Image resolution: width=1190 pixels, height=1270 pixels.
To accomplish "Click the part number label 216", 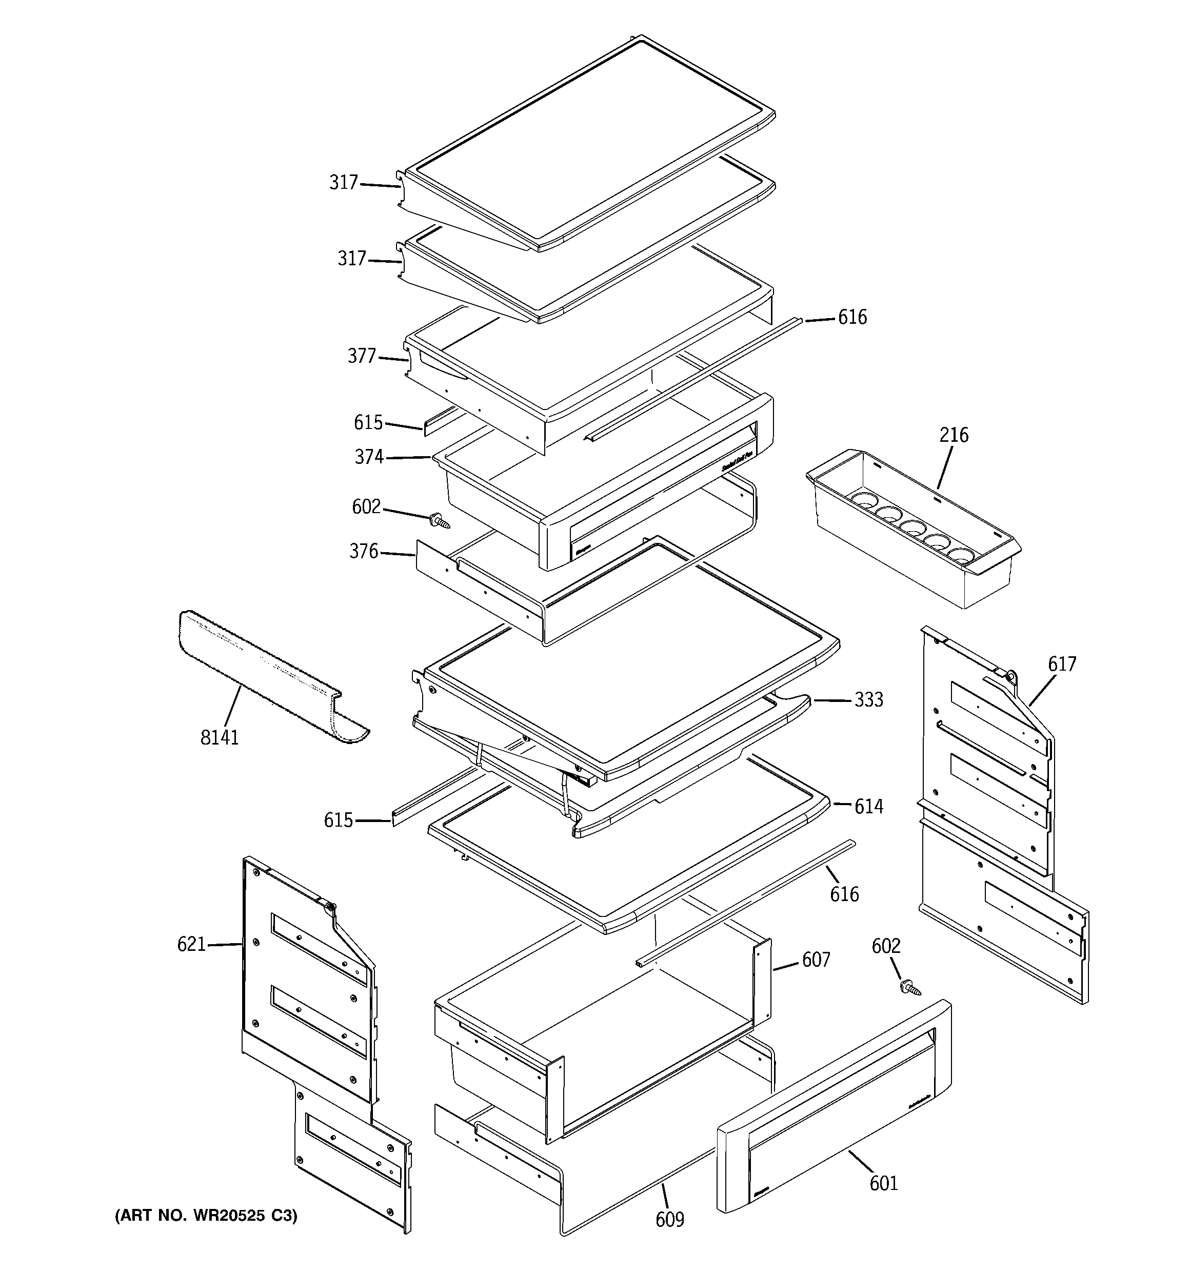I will click(x=953, y=435).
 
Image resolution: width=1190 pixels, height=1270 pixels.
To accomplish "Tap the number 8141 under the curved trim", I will click(x=219, y=738).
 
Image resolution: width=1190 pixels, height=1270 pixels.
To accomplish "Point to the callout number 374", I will click(x=369, y=457).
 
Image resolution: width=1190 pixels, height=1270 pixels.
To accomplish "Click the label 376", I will click(x=364, y=551).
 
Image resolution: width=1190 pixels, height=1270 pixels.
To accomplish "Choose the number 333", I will click(x=869, y=700).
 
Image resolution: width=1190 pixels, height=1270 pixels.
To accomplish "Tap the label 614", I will click(x=869, y=807).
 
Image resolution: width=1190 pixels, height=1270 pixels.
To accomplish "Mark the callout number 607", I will click(x=816, y=960).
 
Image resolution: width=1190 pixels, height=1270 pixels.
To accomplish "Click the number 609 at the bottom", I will click(x=669, y=1220).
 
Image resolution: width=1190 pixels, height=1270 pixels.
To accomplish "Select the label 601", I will click(x=883, y=1184).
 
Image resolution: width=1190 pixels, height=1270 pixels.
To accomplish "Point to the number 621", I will click(x=191, y=944).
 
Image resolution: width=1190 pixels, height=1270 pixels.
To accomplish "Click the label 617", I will click(x=1062, y=665).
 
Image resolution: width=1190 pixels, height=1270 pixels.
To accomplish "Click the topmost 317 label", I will click(x=344, y=183).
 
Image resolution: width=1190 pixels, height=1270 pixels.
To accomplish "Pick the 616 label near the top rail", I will click(x=852, y=318).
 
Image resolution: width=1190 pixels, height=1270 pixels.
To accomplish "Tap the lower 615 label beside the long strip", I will click(x=338, y=820).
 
